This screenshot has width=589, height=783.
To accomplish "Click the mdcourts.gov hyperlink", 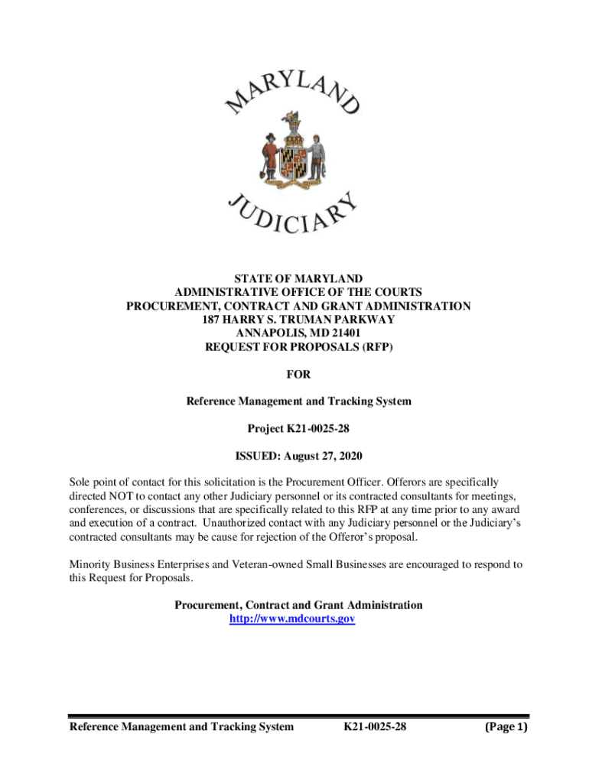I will [293, 619].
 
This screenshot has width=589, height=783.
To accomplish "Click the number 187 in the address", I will [212, 320].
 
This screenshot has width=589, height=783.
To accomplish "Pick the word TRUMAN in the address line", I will [303, 320].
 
